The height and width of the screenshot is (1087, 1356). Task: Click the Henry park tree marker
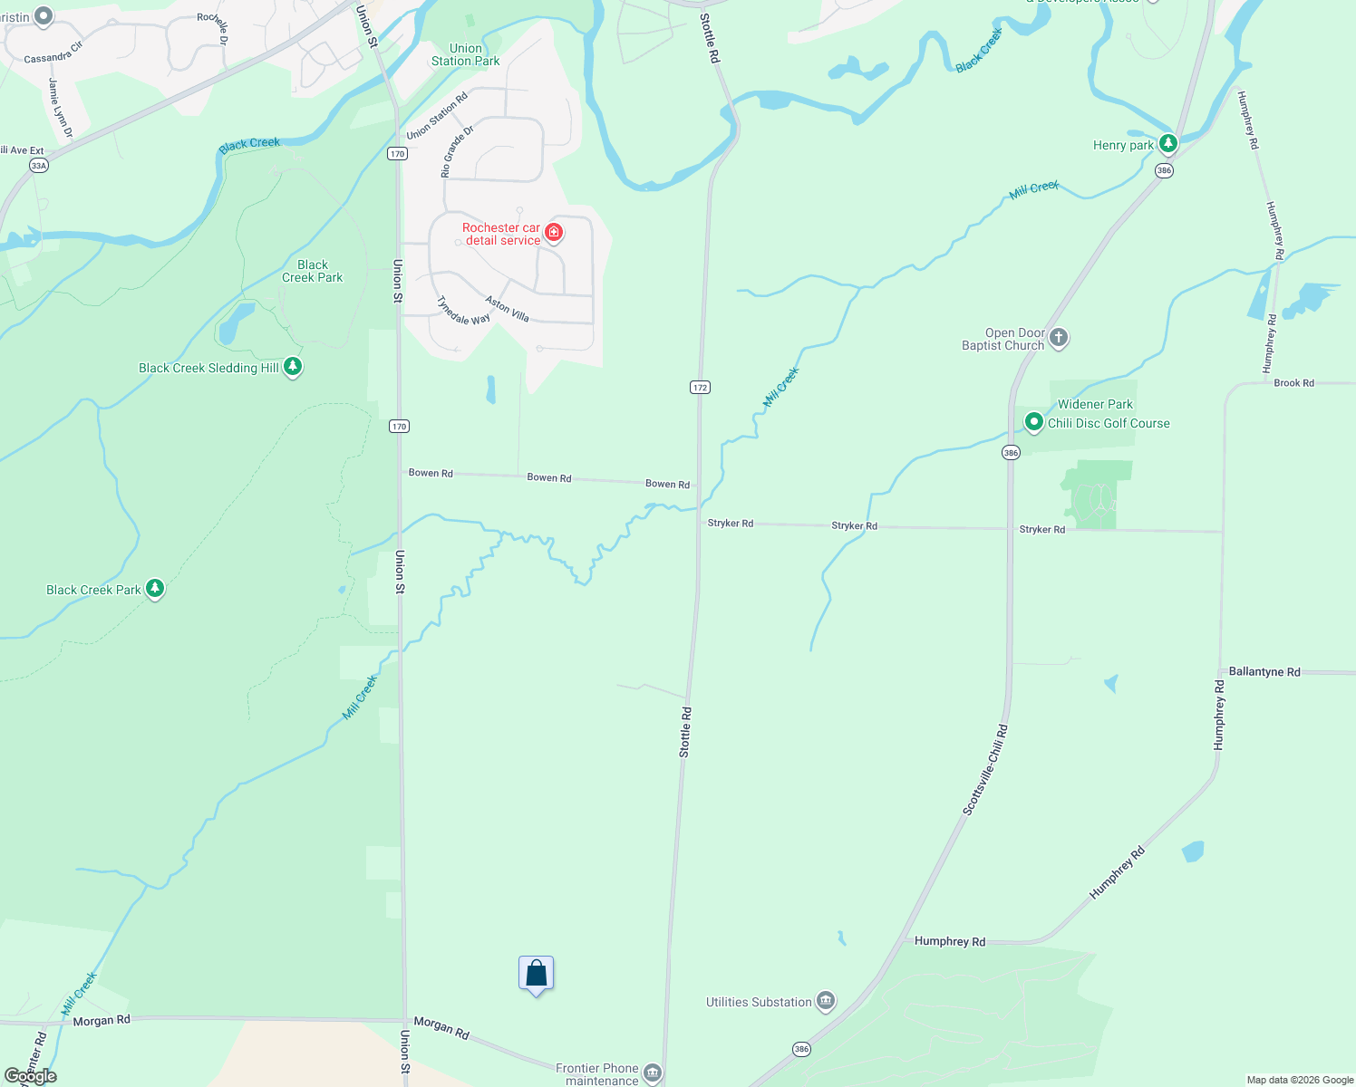tap(1168, 143)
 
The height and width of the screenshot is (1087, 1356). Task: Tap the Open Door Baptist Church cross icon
tap(1059, 338)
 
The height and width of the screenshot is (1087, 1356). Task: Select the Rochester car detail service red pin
tap(554, 233)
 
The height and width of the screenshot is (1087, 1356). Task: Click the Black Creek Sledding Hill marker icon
tap(292, 366)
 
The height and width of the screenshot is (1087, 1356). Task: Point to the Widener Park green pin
tap(1033, 421)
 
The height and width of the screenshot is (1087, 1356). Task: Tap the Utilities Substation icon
tap(825, 1001)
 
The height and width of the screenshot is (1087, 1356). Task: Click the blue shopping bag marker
tap(537, 974)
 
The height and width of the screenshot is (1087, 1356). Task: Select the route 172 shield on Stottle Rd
tap(699, 388)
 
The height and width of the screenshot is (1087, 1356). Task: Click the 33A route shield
tap(38, 166)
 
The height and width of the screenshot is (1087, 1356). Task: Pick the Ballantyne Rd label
tap(1264, 672)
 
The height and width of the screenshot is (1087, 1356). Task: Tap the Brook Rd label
tap(1293, 383)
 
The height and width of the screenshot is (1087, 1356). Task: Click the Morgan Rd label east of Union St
tap(441, 1028)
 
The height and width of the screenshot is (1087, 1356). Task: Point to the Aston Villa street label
tap(507, 309)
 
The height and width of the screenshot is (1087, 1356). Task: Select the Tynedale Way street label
tap(463, 311)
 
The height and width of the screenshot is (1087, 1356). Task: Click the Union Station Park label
tap(466, 55)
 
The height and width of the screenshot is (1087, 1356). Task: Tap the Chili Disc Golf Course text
tap(1109, 423)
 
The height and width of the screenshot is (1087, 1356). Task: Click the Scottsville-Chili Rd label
tap(985, 769)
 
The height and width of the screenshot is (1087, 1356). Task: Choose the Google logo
tap(31, 1076)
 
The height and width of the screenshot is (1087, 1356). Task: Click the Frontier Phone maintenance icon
tap(652, 1074)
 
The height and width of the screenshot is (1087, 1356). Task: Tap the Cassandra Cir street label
tap(53, 53)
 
